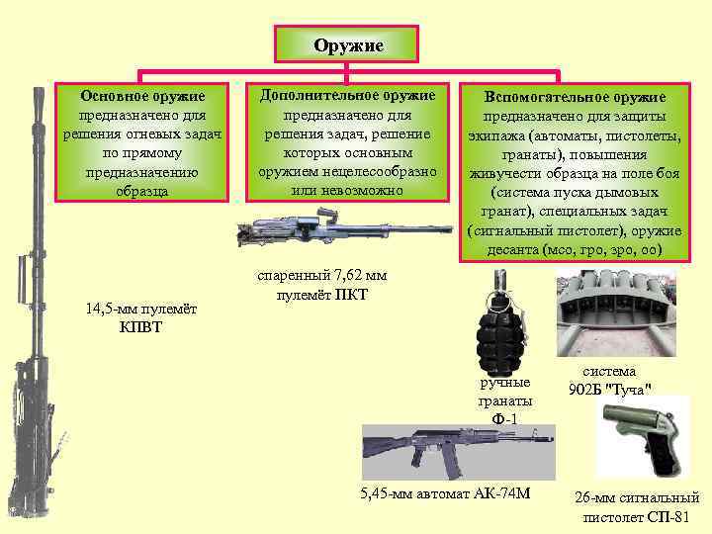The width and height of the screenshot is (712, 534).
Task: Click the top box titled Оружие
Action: [x=347, y=45]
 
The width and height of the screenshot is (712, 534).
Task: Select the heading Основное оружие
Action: [x=142, y=96]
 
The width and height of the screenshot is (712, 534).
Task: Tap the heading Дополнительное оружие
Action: [x=346, y=95]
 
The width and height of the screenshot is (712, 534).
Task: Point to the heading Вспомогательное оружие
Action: [x=574, y=97]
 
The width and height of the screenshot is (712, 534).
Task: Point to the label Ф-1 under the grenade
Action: [x=504, y=418]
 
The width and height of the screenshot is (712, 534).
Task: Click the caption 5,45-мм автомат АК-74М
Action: [x=447, y=493]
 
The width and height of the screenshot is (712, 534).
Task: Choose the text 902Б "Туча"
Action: [x=609, y=389]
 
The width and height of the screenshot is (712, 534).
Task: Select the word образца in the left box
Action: [x=143, y=190]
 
